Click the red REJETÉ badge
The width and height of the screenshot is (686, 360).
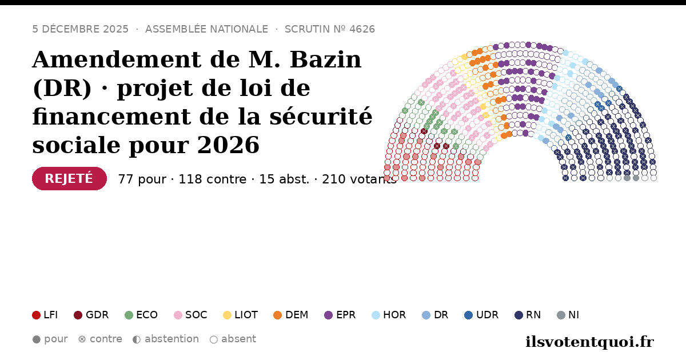click(69, 178)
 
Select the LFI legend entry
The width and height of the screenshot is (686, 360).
click(45, 315)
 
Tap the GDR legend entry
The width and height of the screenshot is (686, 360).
click(91, 315)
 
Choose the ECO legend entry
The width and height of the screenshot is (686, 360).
click(141, 315)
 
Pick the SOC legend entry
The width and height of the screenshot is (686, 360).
click(190, 315)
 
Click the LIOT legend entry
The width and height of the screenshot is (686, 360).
click(241, 315)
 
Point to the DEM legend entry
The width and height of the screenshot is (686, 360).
click(290, 315)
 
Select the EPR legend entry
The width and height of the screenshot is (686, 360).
click(340, 315)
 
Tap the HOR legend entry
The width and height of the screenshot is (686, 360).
click(389, 315)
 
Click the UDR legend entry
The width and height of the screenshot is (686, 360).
click(481, 315)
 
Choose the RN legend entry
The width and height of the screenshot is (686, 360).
click(528, 315)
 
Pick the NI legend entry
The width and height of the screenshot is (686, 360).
click(568, 315)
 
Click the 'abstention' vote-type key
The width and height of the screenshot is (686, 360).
click(166, 339)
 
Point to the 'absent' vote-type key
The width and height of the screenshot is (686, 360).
click(233, 339)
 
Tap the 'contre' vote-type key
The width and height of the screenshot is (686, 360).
click(100, 339)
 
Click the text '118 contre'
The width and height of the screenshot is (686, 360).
click(212, 179)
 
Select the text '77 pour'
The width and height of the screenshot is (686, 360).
click(142, 179)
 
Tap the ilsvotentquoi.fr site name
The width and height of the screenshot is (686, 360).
click(589, 342)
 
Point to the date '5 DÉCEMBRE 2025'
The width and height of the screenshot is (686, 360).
click(80, 29)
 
